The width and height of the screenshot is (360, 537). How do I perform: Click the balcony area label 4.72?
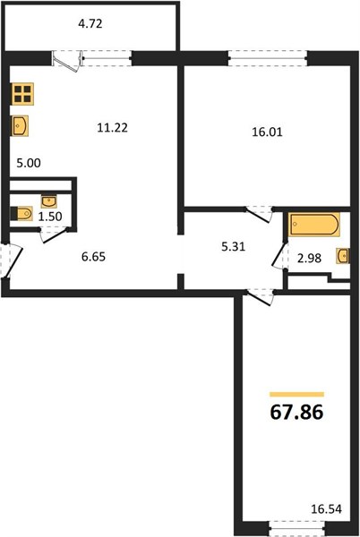click(x=90, y=24)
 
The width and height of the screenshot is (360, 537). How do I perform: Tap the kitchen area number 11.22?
click(x=112, y=128)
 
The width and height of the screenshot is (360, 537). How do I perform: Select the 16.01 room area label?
click(x=267, y=132)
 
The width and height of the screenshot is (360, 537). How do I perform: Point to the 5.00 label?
click(x=29, y=163)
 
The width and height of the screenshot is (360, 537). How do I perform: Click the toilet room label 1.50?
click(x=50, y=217)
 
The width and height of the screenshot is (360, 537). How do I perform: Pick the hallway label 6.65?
click(x=93, y=257)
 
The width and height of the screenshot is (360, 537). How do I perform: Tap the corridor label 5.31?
click(x=233, y=247)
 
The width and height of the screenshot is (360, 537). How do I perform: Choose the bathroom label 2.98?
click(x=309, y=258)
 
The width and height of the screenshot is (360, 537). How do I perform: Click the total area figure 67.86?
click(x=296, y=412)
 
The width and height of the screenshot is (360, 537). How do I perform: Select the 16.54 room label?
click(x=327, y=509)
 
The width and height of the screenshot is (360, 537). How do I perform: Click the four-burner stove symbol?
click(x=22, y=94)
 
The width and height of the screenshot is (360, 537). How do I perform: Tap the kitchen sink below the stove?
click(x=20, y=126)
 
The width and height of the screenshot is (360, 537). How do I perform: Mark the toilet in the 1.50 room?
click(x=21, y=214)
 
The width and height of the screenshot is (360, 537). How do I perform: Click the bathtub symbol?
click(x=314, y=225)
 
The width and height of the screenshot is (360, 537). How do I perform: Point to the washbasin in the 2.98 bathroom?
click(x=343, y=256)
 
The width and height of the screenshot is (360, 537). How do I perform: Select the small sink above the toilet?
click(x=49, y=201)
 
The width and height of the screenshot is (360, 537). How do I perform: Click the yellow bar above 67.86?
click(x=296, y=395)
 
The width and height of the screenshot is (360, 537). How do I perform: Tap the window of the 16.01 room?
click(x=268, y=58)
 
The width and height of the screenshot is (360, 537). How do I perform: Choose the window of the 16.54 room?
click(x=296, y=530)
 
